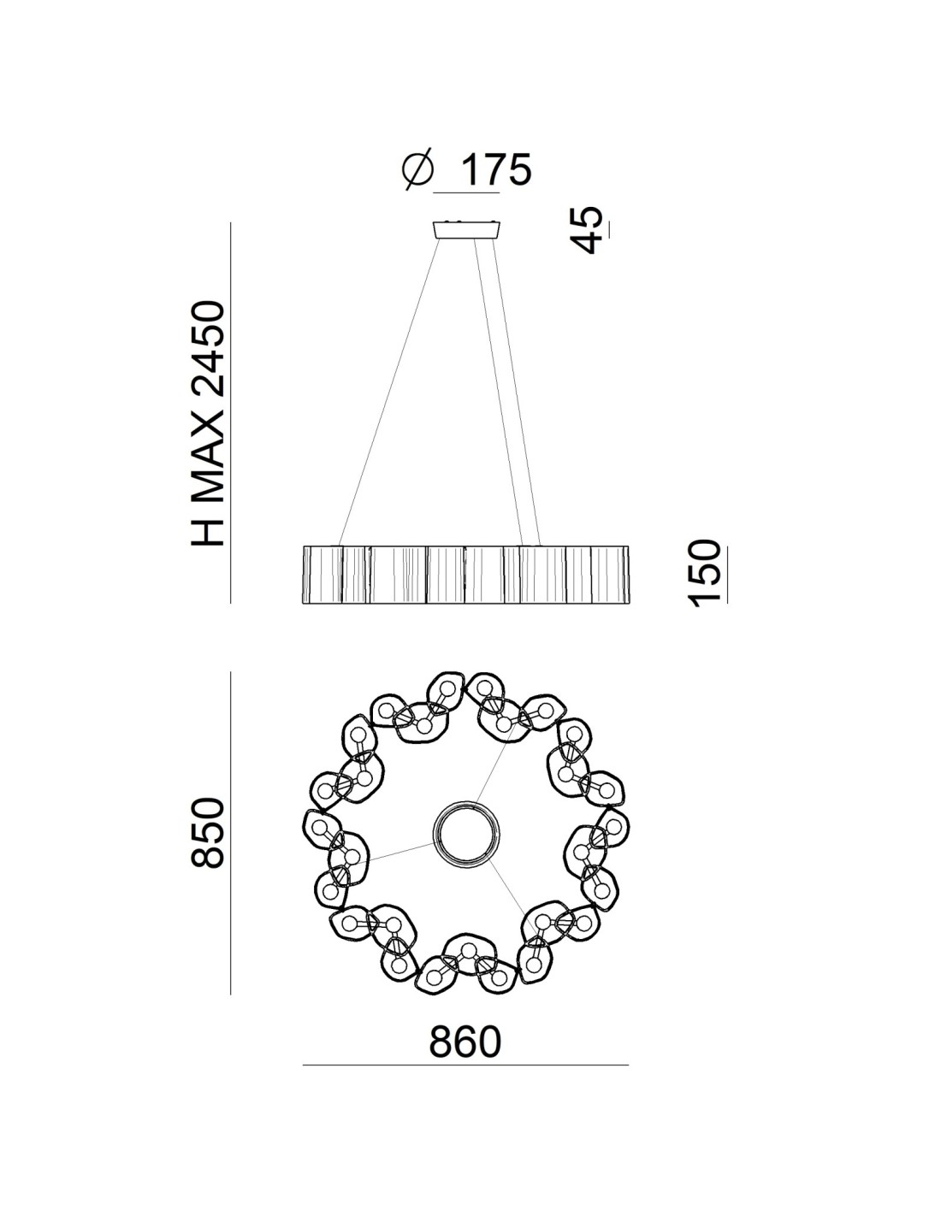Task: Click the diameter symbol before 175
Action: coord(418,170)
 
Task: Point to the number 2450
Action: coord(208,349)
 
